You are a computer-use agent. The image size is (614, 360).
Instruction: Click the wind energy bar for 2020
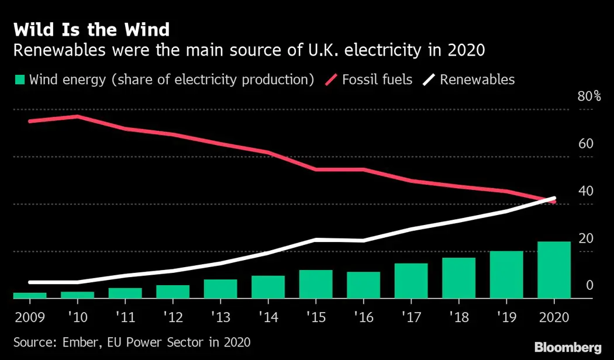click(554, 270)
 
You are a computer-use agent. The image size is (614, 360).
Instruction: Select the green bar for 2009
click(29, 296)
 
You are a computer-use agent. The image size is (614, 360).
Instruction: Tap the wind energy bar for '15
click(316, 284)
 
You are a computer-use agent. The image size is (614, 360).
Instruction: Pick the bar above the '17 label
click(411, 281)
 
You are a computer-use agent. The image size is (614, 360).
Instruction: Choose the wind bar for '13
click(220, 289)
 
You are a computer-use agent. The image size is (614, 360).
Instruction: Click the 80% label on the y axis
click(589, 96)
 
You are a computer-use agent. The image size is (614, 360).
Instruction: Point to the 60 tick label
click(585, 144)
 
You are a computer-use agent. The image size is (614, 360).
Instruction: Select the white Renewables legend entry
click(477, 79)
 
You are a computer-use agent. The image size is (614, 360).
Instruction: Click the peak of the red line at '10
click(77, 116)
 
